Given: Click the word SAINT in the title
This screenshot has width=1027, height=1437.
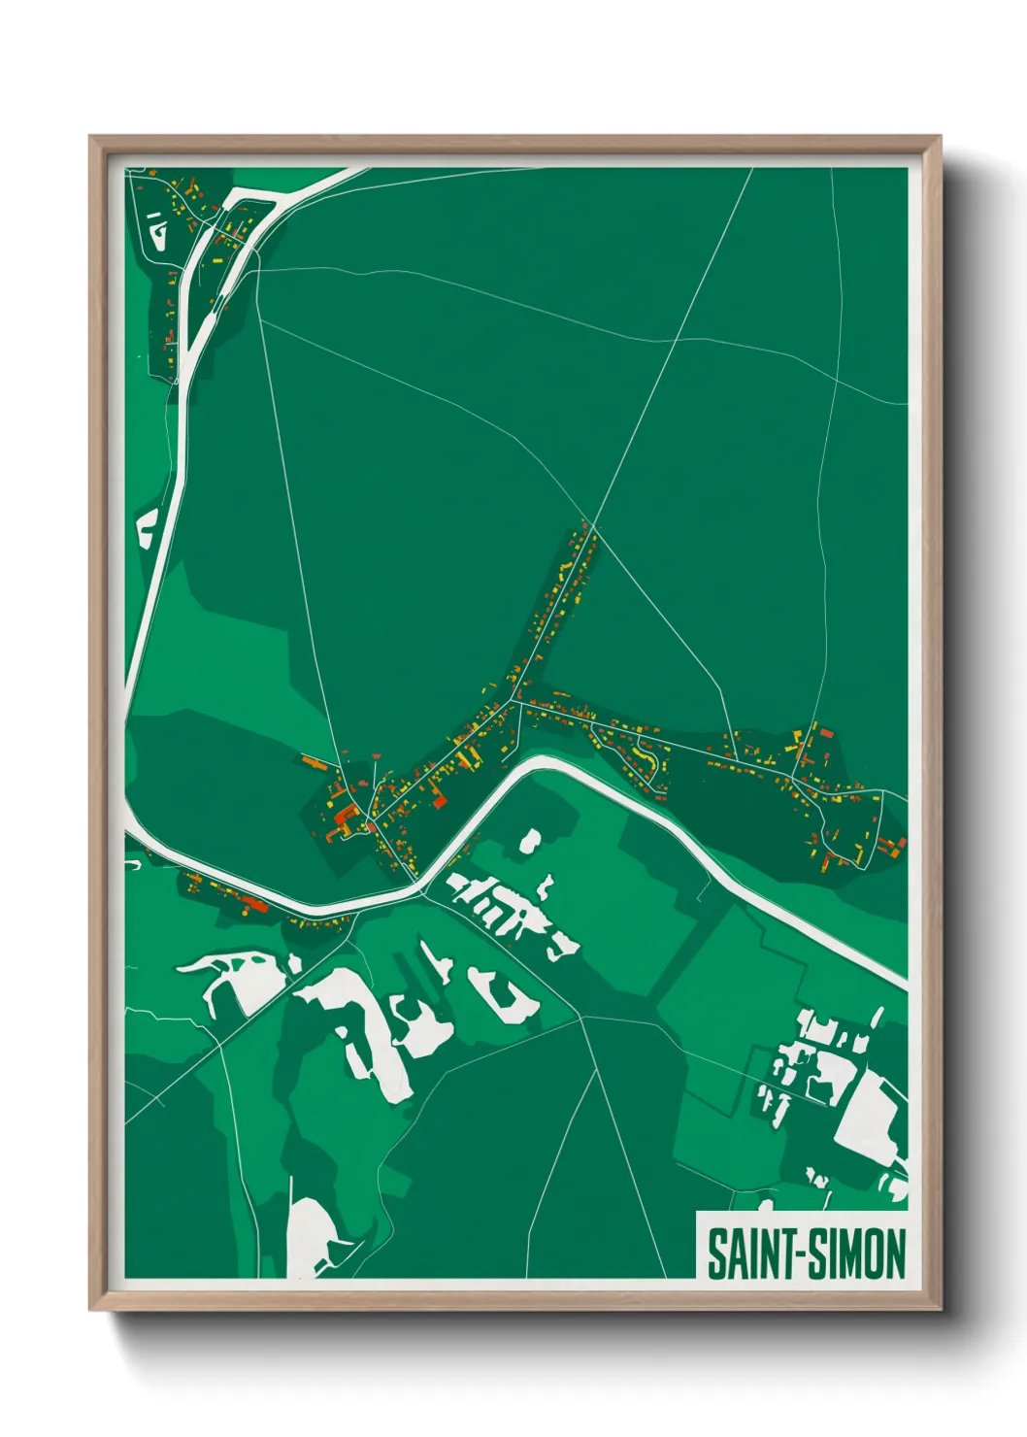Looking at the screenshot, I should [x=752, y=1253].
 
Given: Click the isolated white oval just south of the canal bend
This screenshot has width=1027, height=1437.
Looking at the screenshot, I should [x=530, y=840].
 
